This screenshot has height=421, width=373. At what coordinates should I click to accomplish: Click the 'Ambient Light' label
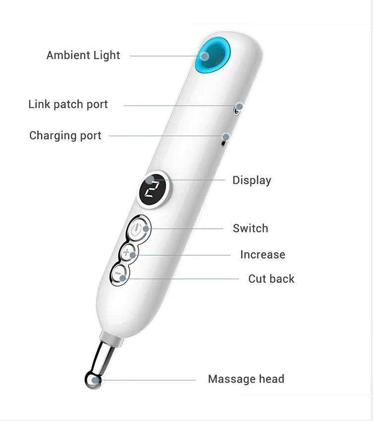click(83, 55)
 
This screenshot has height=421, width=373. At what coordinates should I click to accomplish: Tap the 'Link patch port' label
click(68, 105)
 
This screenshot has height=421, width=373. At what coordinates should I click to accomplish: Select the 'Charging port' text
click(65, 136)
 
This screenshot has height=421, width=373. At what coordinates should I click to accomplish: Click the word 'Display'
click(251, 180)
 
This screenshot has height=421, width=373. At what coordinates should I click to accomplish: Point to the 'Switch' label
click(250, 228)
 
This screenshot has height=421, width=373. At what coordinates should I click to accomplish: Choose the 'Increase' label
click(263, 255)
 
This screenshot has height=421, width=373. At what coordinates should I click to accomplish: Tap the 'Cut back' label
click(271, 279)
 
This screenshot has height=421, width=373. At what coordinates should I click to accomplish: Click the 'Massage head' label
click(246, 379)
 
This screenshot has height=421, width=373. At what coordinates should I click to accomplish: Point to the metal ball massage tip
click(93, 380)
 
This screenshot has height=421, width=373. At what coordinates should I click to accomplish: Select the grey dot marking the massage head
click(95, 380)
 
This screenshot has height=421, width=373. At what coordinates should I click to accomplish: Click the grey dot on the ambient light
click(205, 56)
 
